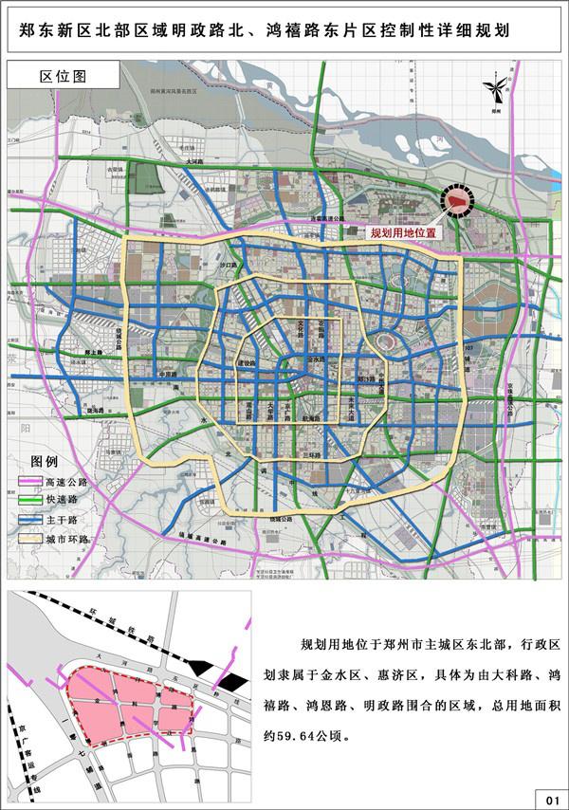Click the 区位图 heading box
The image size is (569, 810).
64,75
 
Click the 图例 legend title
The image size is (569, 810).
44,461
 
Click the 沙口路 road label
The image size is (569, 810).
228,267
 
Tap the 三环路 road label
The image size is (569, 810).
309,455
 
